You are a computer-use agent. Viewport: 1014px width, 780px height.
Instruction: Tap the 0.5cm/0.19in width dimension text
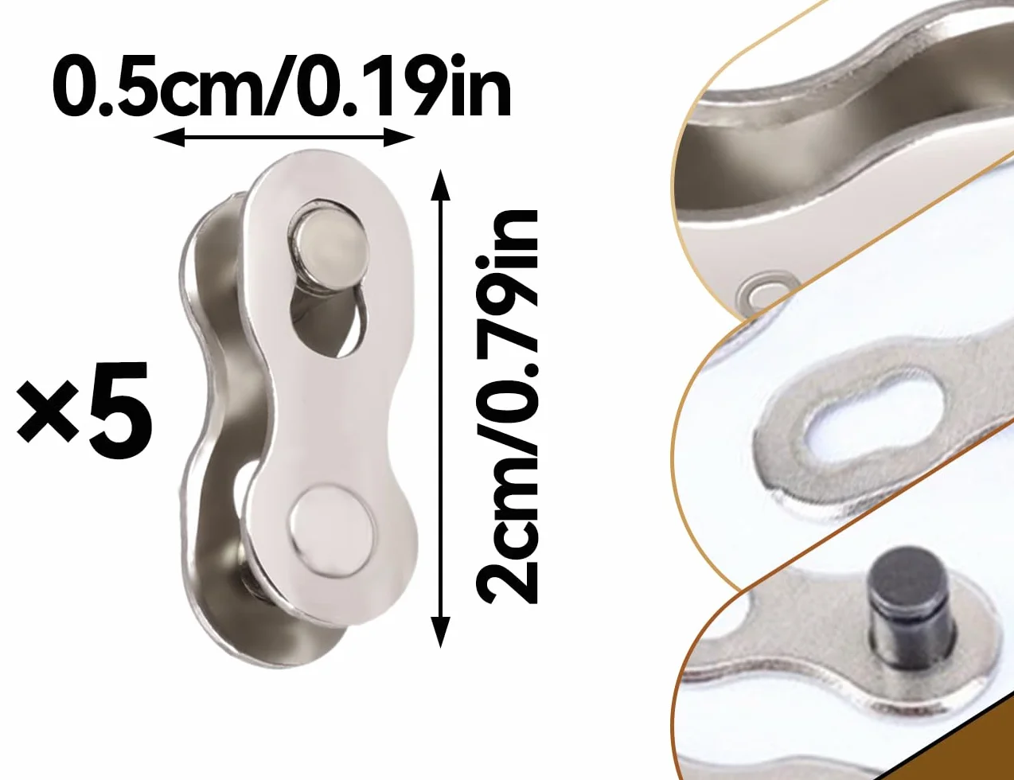pyautogui.click(x=282, y=87)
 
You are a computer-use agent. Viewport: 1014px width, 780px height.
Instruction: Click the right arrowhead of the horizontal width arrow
pyautogui.click(x=399, y=138)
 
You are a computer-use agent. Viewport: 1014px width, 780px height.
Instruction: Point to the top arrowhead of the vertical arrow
pyautogui.click(x=440, y=185)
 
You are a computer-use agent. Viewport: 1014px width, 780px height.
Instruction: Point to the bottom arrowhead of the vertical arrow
pyautogui.click(x=440, y=633)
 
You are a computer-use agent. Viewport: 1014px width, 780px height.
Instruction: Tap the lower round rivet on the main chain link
pyautogui.click(x=332, y=529)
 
